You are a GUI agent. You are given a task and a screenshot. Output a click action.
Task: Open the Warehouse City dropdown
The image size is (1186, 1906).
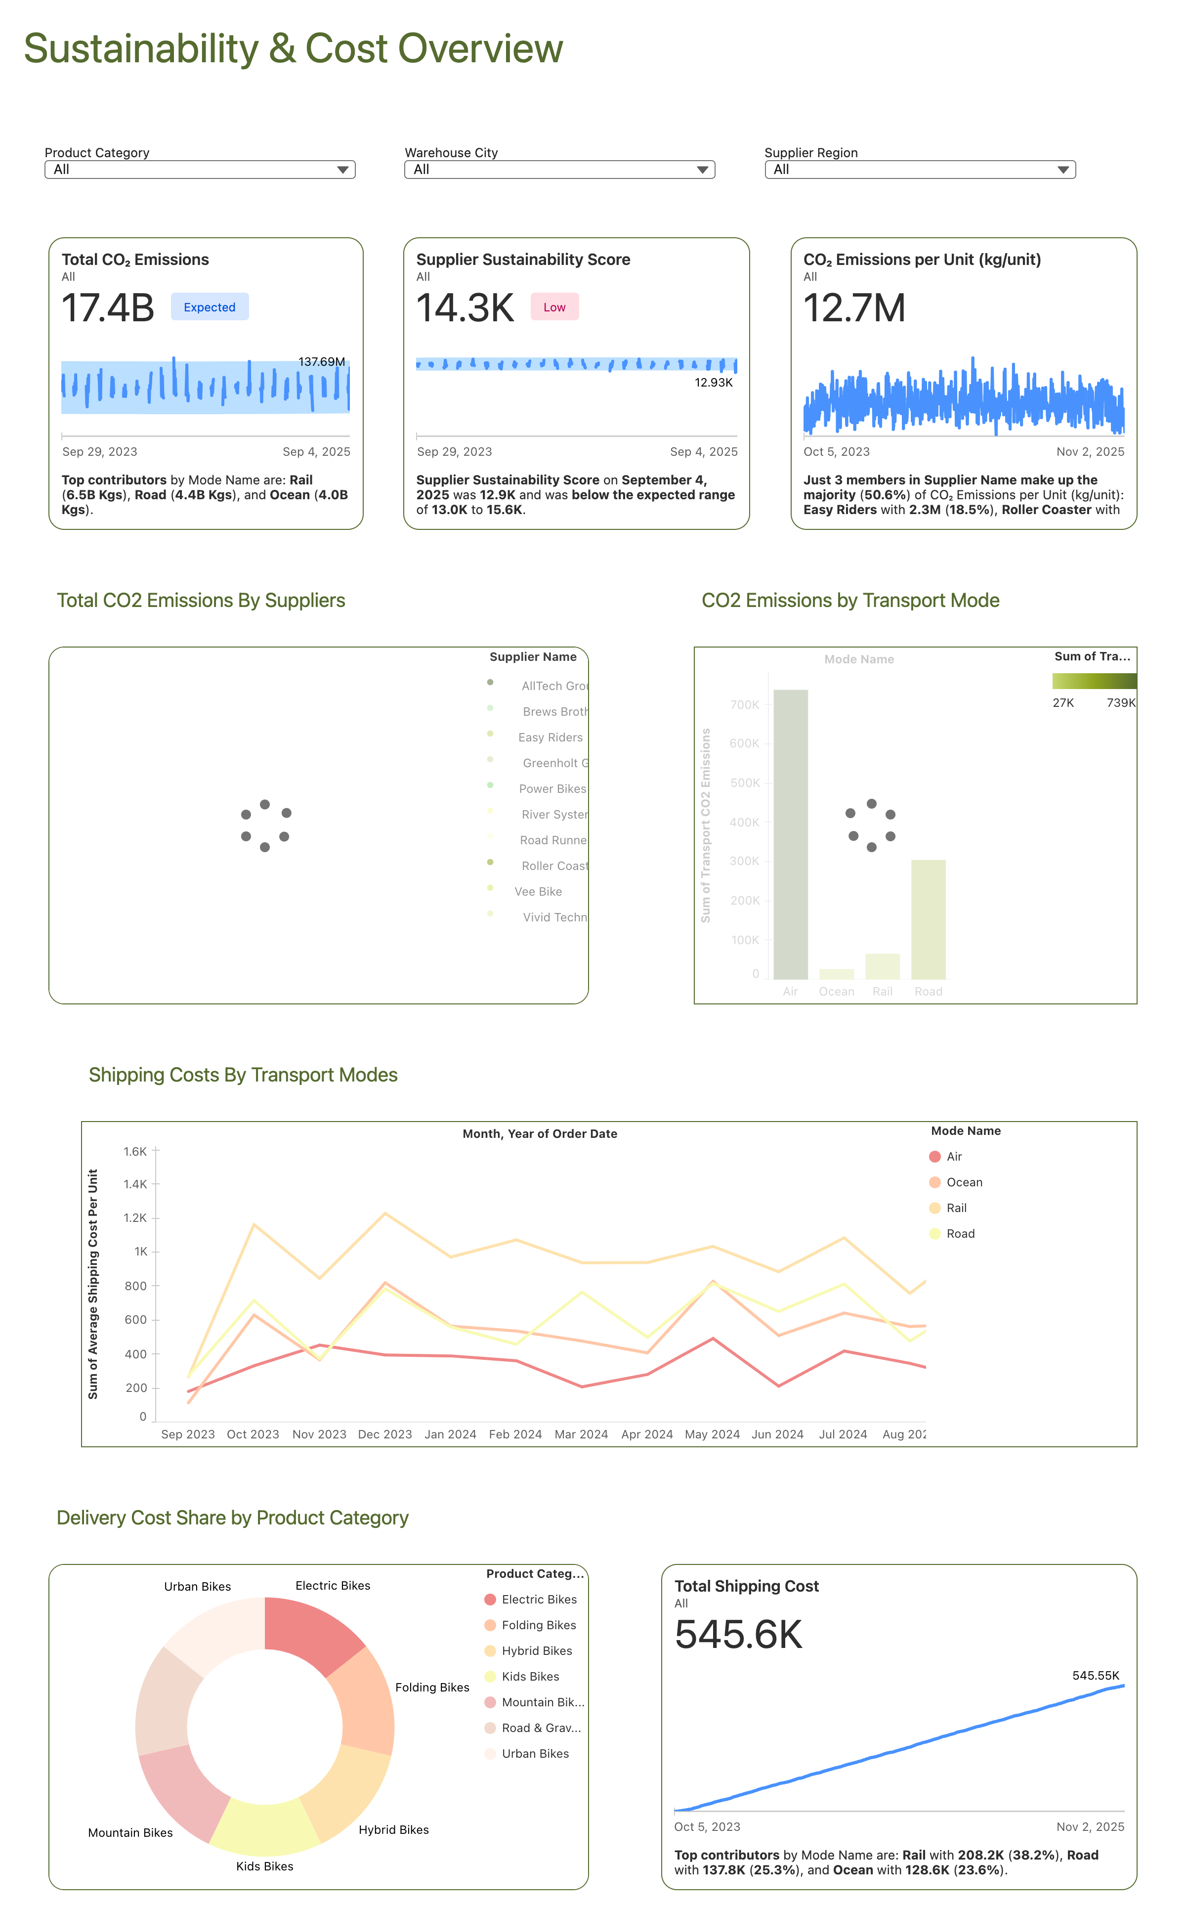point(559,170)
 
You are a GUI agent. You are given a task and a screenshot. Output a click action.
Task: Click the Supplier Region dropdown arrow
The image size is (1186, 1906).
point(1063,170)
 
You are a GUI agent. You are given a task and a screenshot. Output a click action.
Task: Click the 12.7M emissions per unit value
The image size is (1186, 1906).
point(854,307)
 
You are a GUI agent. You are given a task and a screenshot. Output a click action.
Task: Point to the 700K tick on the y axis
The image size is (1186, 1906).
point(744,704)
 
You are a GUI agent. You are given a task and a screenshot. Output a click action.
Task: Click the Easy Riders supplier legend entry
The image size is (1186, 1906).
point(550,737)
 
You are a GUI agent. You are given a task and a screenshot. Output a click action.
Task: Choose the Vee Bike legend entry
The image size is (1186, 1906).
point(538,892)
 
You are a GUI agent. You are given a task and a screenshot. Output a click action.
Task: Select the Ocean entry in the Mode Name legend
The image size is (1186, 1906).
point(964,1182)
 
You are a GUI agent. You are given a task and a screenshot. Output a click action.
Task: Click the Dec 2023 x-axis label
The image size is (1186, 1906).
point(384,1434)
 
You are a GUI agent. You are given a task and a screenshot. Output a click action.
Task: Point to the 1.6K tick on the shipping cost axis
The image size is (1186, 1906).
point(135,1151)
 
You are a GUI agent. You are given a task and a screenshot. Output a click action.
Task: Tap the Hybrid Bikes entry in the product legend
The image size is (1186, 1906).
point(537,1650)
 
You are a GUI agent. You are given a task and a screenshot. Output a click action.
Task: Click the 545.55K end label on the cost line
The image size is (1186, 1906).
point(1095,1675)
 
